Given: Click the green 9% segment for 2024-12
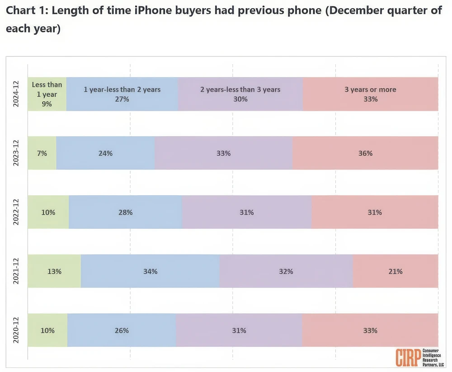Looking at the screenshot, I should coord(47,94).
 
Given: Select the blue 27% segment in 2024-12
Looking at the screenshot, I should coord(122,94).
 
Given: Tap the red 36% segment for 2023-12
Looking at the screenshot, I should coord(365,153).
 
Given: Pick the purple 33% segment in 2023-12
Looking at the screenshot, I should coord(223,153).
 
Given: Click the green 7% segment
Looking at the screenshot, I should coord(42,153).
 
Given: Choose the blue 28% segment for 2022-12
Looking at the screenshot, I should coord(125,212).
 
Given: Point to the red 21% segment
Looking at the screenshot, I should coord(395,271).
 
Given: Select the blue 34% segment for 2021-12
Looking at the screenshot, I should coord(150,271).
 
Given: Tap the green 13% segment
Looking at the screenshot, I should coord(54,271).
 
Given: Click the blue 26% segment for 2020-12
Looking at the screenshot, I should coord(121,330).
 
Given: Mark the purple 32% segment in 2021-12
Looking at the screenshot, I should coord(286,271).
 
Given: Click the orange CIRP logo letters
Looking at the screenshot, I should coord(408,357).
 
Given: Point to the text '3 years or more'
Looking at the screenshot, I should coord(370,89).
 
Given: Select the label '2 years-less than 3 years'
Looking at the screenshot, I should coord(240,89).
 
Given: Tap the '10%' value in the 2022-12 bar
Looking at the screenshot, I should coord(48,212).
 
